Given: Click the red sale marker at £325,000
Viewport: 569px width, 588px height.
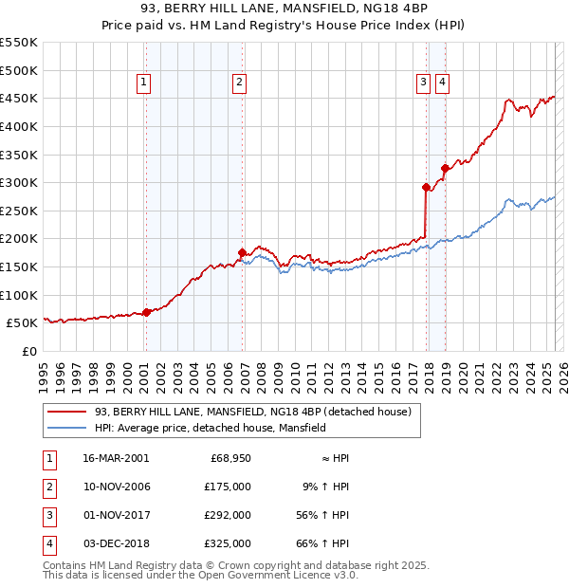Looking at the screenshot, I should click(x=444, y=169).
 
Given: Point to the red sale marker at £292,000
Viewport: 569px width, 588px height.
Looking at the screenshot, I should click(x=426, y=187).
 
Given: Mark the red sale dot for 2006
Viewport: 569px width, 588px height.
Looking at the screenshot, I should click(x=242, y=253).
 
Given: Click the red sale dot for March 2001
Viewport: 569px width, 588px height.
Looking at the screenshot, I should click(x=146, y=312).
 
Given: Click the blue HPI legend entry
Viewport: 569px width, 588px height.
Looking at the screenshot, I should click(x=210, y=428).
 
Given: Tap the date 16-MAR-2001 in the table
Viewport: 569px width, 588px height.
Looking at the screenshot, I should click(x=116, y=458).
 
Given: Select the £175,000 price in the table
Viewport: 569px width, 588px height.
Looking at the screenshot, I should click(x=229, y=487).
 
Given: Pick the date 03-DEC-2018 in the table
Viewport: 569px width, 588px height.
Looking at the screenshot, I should click(x=116, y=543).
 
